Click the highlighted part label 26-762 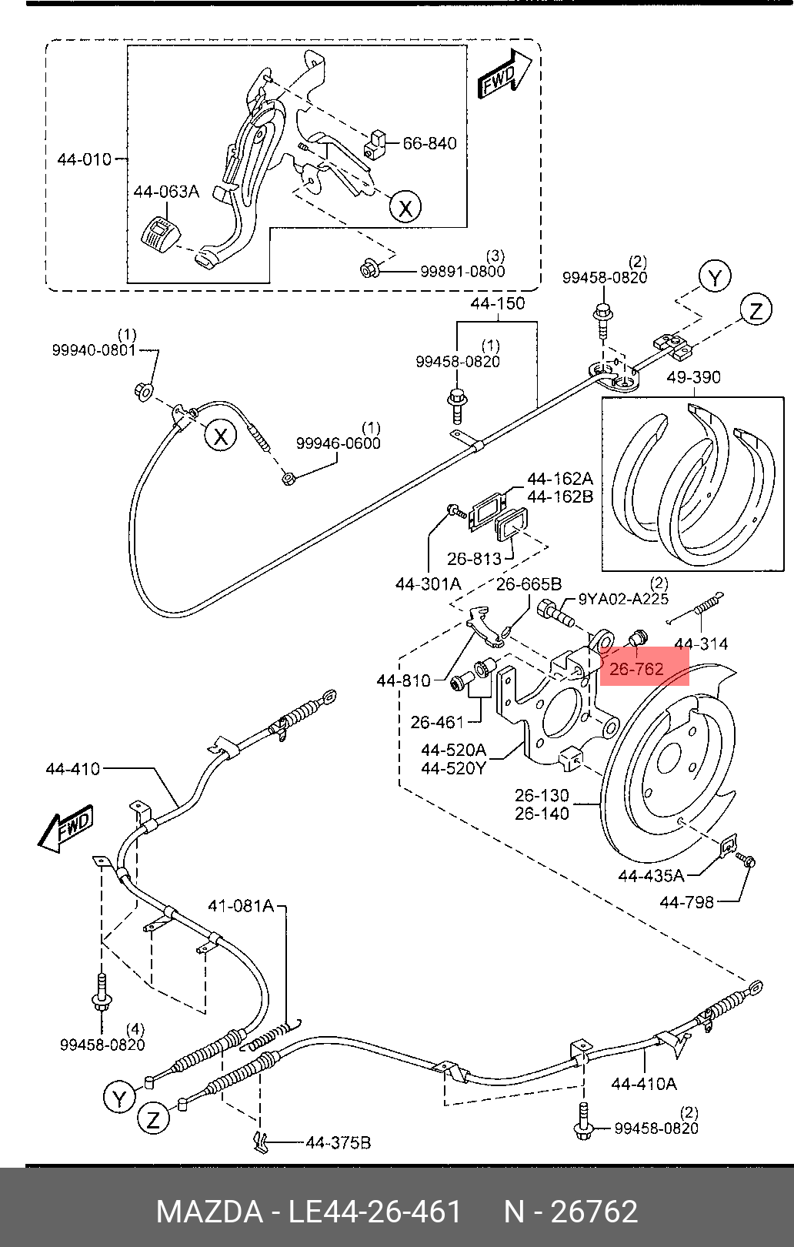[x=636, y=669]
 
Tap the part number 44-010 [x=85, y=160]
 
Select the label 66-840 [x=429, y=144]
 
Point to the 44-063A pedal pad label [x=166, y=192]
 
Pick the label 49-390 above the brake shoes [x=693, y=377]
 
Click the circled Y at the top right [x=715, y=277]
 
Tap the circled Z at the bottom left [x=153, y=1119]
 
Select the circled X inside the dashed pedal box [x=405, y=207]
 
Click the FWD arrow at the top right [x=505, y=75]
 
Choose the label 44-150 [x=498, y=303]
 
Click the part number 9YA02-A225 [x=623, y=599]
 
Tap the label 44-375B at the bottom [x=338, y=1143]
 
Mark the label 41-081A [x=241, y=906]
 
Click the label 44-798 [x=686, y=902]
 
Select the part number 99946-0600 [x=339, y=443]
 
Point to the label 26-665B [x=529, y=584]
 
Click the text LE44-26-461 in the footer [x=375, y=1212]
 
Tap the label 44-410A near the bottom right [x=644, y=1084]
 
